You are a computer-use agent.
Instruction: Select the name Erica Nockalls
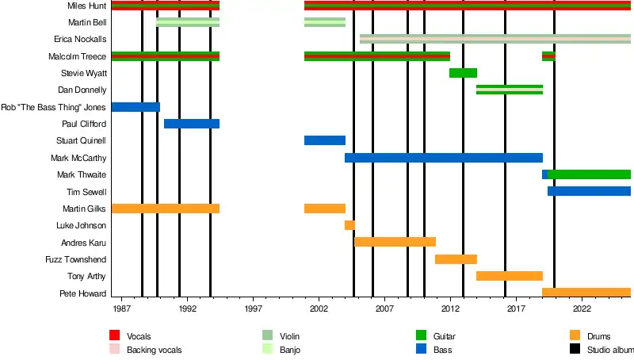coord(80,40)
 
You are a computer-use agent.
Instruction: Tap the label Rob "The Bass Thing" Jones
coord(53,107)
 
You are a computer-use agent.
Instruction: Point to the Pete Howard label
coord(83,293)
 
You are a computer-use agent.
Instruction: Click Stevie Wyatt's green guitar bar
coord(463,73)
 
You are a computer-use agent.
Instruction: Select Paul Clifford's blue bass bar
coord(192,124)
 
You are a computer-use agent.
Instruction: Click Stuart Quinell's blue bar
coord(325,140)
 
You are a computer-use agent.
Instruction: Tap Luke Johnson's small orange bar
coord(349,225)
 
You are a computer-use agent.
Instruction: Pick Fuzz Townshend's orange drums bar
coord(456,259)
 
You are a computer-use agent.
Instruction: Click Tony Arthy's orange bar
coord(509,276)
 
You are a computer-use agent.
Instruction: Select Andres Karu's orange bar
coord(395,242)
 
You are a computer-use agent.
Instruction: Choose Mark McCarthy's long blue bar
coord(444,158)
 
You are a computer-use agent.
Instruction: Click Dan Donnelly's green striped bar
coord(509,90)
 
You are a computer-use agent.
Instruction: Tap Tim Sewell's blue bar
coord(589,191)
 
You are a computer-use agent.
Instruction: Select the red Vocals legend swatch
coord(114,336)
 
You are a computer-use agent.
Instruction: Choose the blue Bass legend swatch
coord(421,349)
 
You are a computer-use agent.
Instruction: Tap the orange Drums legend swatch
coord(575,336)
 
